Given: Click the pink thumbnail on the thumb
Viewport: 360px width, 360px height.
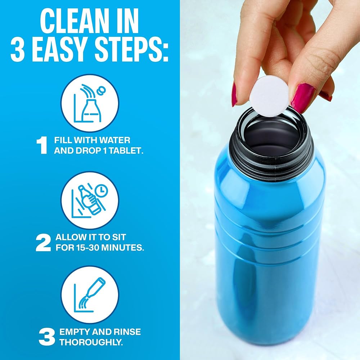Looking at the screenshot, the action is pyautogui.click(x=302, y=98).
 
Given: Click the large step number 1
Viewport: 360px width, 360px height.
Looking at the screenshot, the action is pyautogui.click(x=42, y=145).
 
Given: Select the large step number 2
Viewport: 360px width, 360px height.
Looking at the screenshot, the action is pyautogui.click(x=43, y=243).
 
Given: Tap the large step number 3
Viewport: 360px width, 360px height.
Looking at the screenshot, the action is pyautogui.click(x=47, y=337).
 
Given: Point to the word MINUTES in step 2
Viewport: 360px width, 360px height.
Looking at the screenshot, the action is pyautogui.click(x=122, y=248).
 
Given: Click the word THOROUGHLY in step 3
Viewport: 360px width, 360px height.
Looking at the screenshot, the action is pyautogui.click(x=91, y=342).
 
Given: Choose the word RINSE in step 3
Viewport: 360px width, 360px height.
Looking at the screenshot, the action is pyautogui.click(x=127, y=332).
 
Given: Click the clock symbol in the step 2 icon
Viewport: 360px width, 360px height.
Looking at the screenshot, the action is pyautogui.click(x=101, y=190).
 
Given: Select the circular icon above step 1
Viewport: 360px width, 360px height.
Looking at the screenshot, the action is pyautogui.click(x=90, y=103).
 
